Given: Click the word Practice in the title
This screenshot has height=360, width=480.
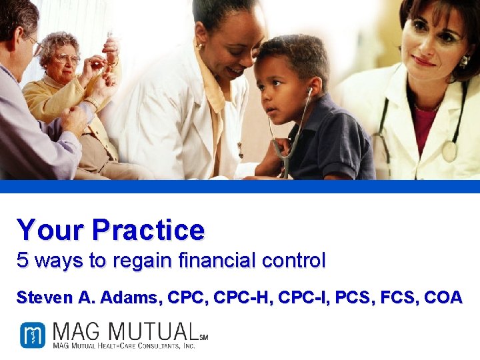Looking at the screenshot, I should pyautogui.click(x=148, y=230).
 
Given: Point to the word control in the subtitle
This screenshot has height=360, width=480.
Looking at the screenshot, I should pyautogui.click(x=294, y=261).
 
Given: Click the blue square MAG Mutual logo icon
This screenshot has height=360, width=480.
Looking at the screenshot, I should pyautogui.click(x=32, y=335).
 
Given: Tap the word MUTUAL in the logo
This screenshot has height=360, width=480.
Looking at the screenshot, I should pyautogui.click(x=152, y=331).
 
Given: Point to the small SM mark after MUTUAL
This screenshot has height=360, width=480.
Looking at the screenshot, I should pyautogui.click(x=203, y=338).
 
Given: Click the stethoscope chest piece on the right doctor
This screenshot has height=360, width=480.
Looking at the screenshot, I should pyautogui.click(x=450, y=151).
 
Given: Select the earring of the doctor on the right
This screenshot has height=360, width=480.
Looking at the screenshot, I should pyautogui.click(x=464, y=61).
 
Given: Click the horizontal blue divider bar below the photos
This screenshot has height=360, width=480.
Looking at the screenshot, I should pyautogui.click(x=240, y=186).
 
